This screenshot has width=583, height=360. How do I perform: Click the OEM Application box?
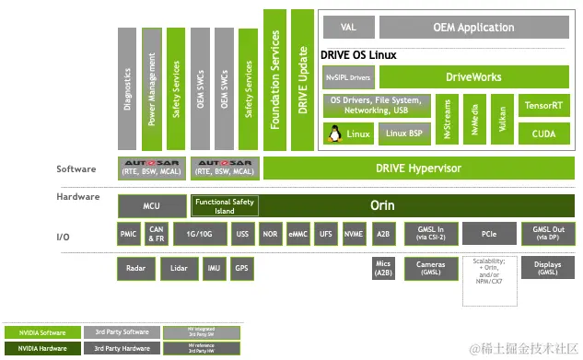point(472,27)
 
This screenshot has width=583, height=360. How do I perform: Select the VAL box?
point(347,27)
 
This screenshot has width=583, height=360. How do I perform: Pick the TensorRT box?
point(543,106)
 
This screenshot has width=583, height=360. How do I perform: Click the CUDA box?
point(543,134)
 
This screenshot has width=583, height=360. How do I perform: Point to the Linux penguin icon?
point(332,134)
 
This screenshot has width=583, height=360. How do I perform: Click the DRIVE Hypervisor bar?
point(418,168)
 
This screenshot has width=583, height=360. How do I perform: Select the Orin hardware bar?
point(381,205)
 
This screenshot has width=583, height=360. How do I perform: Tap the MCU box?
point(152,205)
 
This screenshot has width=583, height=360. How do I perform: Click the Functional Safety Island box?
point(226,205)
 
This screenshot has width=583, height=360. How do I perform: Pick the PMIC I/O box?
point(129,234)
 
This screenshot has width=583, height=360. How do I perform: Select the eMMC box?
point(297,234)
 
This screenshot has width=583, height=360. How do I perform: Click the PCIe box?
point(489,234)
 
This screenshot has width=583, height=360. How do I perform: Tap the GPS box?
point(241,270)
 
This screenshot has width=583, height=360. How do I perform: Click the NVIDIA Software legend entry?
point(41,331)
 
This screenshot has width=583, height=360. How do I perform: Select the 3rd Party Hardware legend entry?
point(121,348)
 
